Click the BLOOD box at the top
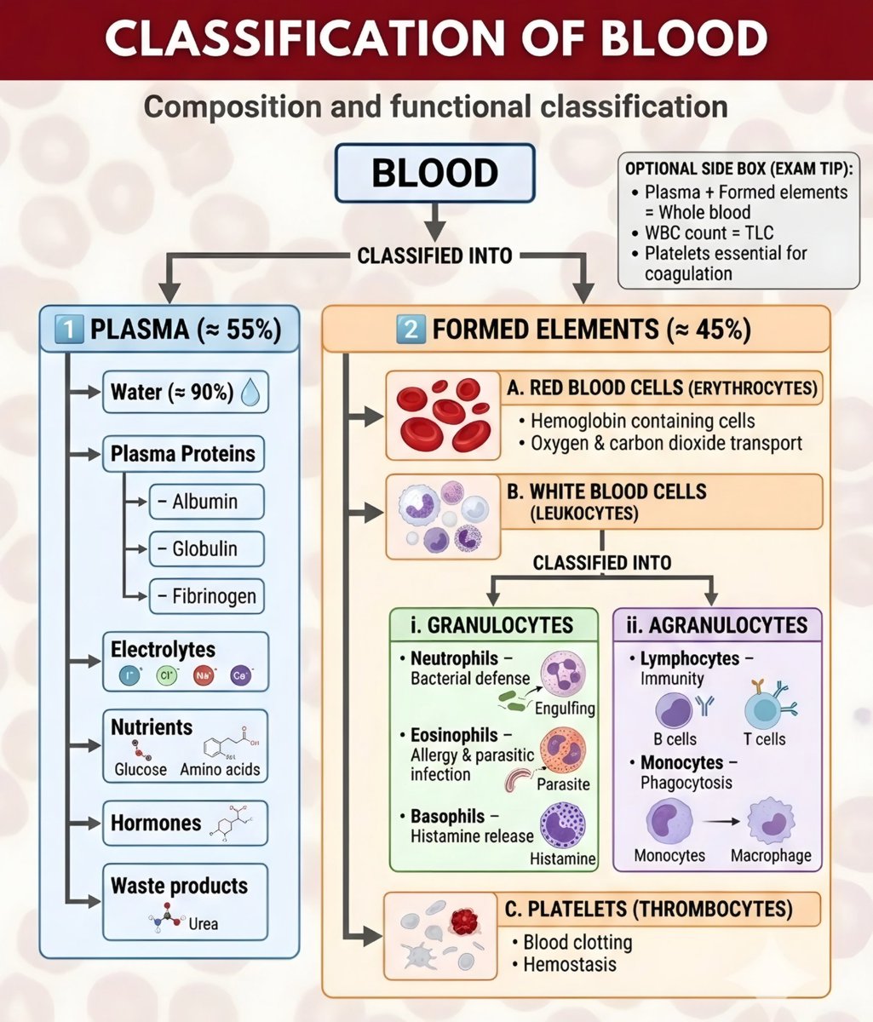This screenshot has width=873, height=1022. (x=434, y=173)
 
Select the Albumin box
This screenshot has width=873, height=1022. (x=206, y=502)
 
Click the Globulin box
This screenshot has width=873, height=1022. (x=206, y=548)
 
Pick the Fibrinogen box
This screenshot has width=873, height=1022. (x=206, y=596)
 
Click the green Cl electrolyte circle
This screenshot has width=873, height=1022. (x=166, y=676)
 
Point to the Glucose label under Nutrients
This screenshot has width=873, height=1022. (x=141, y=769)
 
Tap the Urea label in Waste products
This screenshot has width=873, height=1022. (x=203, y=923)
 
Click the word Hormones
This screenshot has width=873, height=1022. (x=156, y=823)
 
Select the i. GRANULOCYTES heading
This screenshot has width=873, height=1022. (x=491, y=625)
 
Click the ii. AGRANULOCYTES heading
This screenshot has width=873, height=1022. (x=717, y=625)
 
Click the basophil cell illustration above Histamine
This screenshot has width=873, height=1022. (x=562, y=825)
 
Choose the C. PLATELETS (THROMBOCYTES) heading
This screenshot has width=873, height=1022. (x=648, y=909)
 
